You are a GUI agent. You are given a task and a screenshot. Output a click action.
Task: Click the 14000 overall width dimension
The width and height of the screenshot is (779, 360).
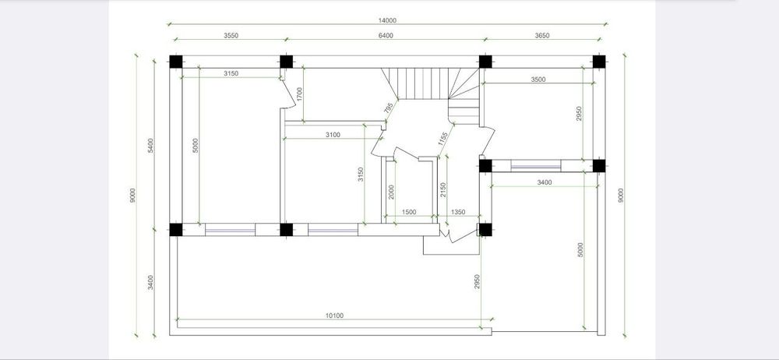(387, 20)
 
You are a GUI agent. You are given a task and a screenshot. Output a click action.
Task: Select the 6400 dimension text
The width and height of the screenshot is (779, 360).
(386, 35)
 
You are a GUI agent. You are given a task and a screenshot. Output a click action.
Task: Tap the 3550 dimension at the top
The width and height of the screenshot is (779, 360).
(231, 35)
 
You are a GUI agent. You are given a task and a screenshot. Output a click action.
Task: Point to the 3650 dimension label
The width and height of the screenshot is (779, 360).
(542, 35)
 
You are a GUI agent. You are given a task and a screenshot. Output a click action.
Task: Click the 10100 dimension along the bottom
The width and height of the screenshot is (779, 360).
(334, 316)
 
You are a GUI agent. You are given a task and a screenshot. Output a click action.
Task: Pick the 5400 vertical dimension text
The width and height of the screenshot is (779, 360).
(150, 145)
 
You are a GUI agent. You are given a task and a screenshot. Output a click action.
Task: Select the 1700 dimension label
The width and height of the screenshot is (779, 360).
(299, 94)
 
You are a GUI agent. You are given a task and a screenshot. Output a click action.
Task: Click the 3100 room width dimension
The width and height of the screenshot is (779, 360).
(333, 135)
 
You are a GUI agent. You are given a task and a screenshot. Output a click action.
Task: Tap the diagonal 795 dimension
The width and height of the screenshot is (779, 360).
(389, 108)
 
